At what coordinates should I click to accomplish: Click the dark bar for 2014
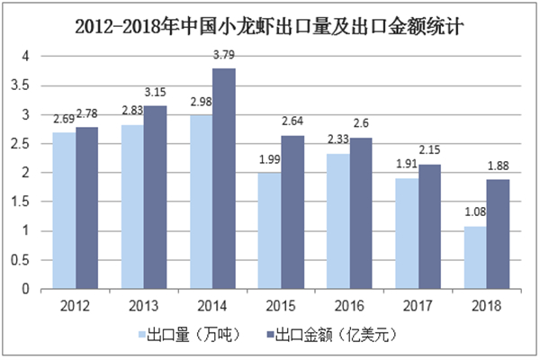tap(224, 179)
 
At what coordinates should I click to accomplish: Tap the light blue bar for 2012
tap(64, 211)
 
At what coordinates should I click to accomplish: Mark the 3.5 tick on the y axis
tap(27, 85)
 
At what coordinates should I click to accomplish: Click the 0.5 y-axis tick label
tap(27, 260)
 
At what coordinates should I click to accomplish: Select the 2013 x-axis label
tap(144, 304)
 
